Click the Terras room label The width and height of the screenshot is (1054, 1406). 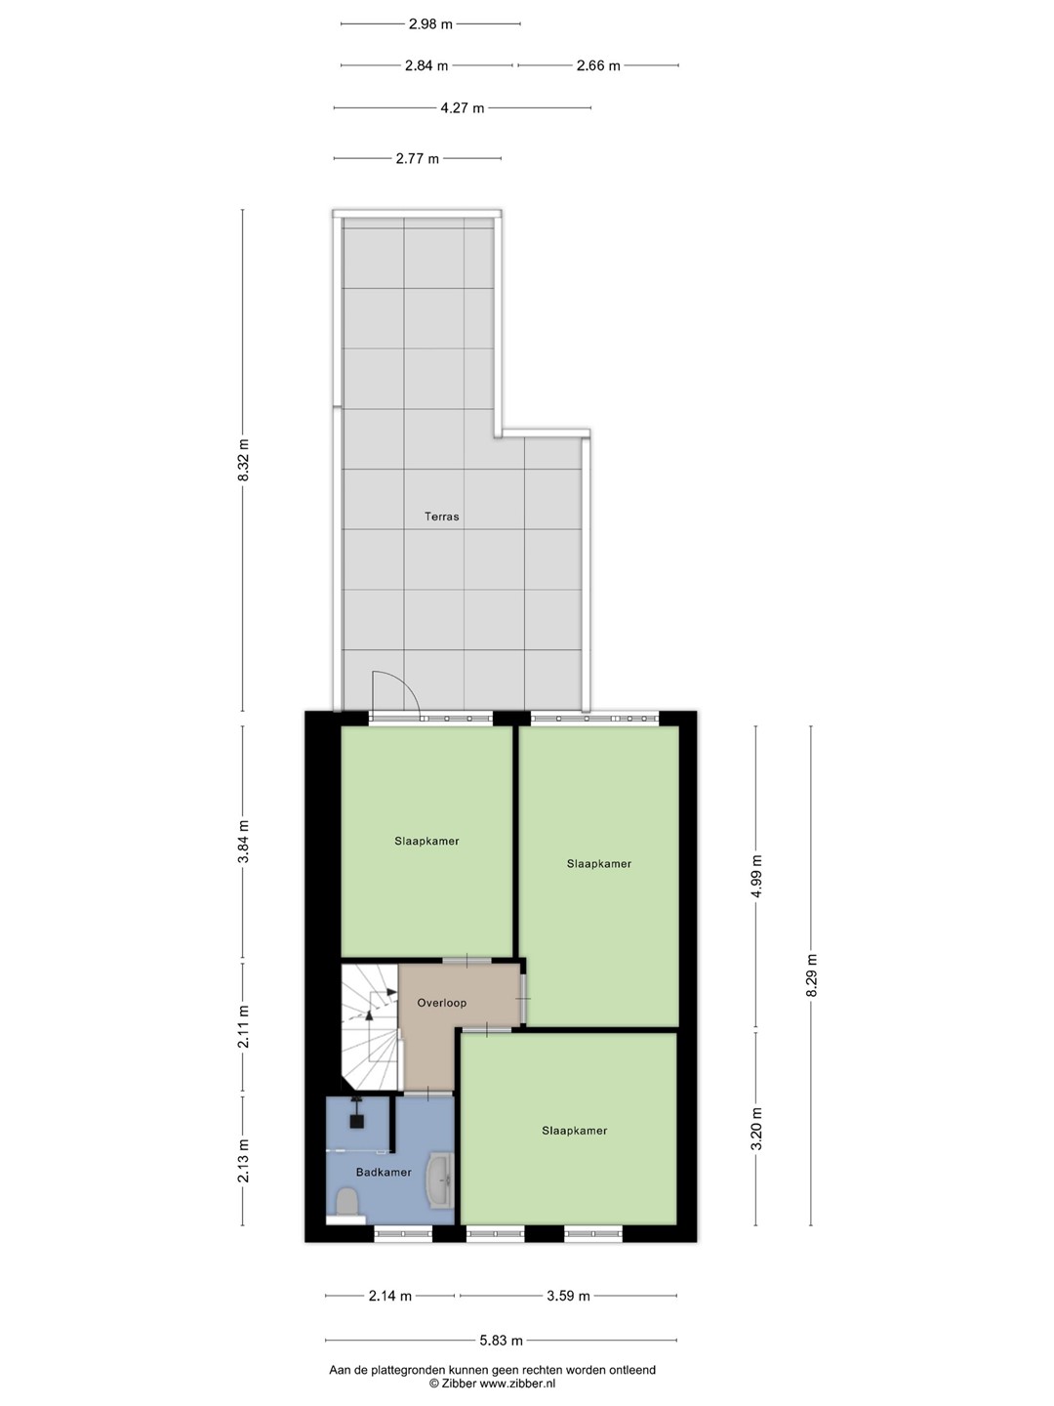point(441,517)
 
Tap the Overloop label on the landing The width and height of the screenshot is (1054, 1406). point(441,1003)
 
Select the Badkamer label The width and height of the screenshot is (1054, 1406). point(384,1173)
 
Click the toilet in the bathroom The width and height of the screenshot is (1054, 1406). point(346,1201)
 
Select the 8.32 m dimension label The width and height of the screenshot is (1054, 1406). point(243,460)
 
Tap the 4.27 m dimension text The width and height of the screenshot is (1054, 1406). point(462,108)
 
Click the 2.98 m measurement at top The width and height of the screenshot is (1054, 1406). point(430,24)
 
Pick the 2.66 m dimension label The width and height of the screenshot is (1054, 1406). point(598,65)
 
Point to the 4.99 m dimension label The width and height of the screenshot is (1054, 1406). point(756,876)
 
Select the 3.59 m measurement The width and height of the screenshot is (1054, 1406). point(568,1291)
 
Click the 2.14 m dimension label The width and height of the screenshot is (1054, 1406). point(389,1291)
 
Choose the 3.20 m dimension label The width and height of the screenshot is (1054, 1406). point(756,1135)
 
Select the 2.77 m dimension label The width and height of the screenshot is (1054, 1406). point(418,158)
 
